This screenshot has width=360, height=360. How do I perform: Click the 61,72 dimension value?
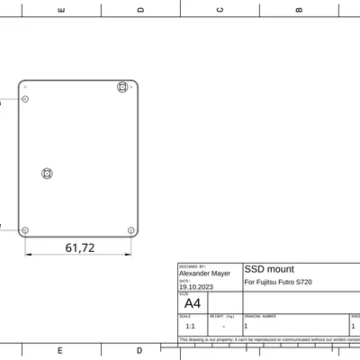(x=80, y=247)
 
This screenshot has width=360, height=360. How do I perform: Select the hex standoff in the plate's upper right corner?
(x=122, y=87)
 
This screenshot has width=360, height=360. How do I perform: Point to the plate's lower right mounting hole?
(x=130, y=230)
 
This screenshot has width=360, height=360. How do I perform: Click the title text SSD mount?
(x=269, y=269)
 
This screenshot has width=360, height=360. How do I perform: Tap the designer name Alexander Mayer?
(x=204, y=274)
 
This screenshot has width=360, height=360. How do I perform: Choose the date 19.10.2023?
(x=196, y=287)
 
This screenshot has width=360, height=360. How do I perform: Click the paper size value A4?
(x=192, y=303)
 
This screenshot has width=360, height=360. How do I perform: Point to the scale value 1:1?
(x=190, y=326)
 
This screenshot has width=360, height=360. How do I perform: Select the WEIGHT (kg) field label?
(x=222, y=317)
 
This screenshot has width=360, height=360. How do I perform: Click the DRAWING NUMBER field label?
(x=260, y=317)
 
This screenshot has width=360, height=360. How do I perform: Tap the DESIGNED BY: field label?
(x=193, y=266)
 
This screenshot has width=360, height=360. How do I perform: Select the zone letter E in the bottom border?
(x=60, y=350)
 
